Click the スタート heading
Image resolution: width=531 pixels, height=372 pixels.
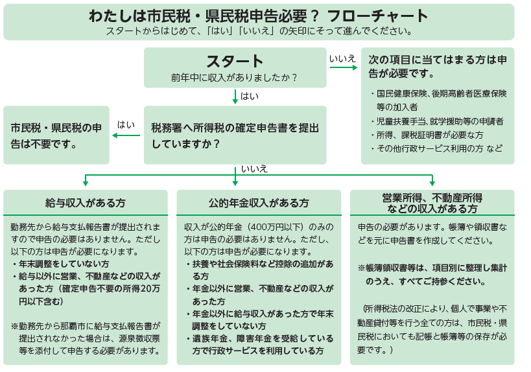235,61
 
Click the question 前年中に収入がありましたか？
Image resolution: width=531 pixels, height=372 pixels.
235,78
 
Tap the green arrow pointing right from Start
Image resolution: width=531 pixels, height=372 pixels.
343,68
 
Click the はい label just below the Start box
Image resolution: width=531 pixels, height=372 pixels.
250,97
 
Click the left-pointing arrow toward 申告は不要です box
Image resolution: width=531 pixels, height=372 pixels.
126,135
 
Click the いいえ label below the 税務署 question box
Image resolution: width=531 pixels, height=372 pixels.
254,169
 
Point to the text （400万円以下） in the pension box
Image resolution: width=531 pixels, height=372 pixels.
277,227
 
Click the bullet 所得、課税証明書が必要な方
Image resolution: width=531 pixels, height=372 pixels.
428,135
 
